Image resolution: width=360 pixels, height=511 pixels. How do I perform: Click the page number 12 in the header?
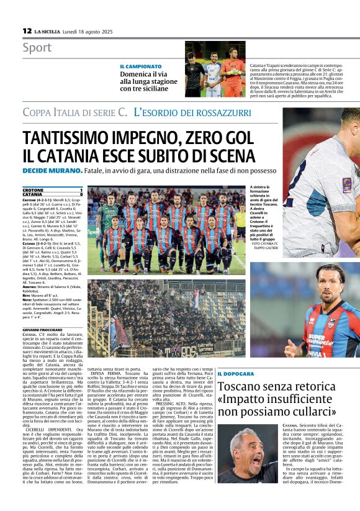pos(27,30)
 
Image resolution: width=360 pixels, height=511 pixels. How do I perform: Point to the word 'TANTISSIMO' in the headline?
pos(73,138)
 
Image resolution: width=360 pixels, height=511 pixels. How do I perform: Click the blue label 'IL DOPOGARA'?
pos(236,374)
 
